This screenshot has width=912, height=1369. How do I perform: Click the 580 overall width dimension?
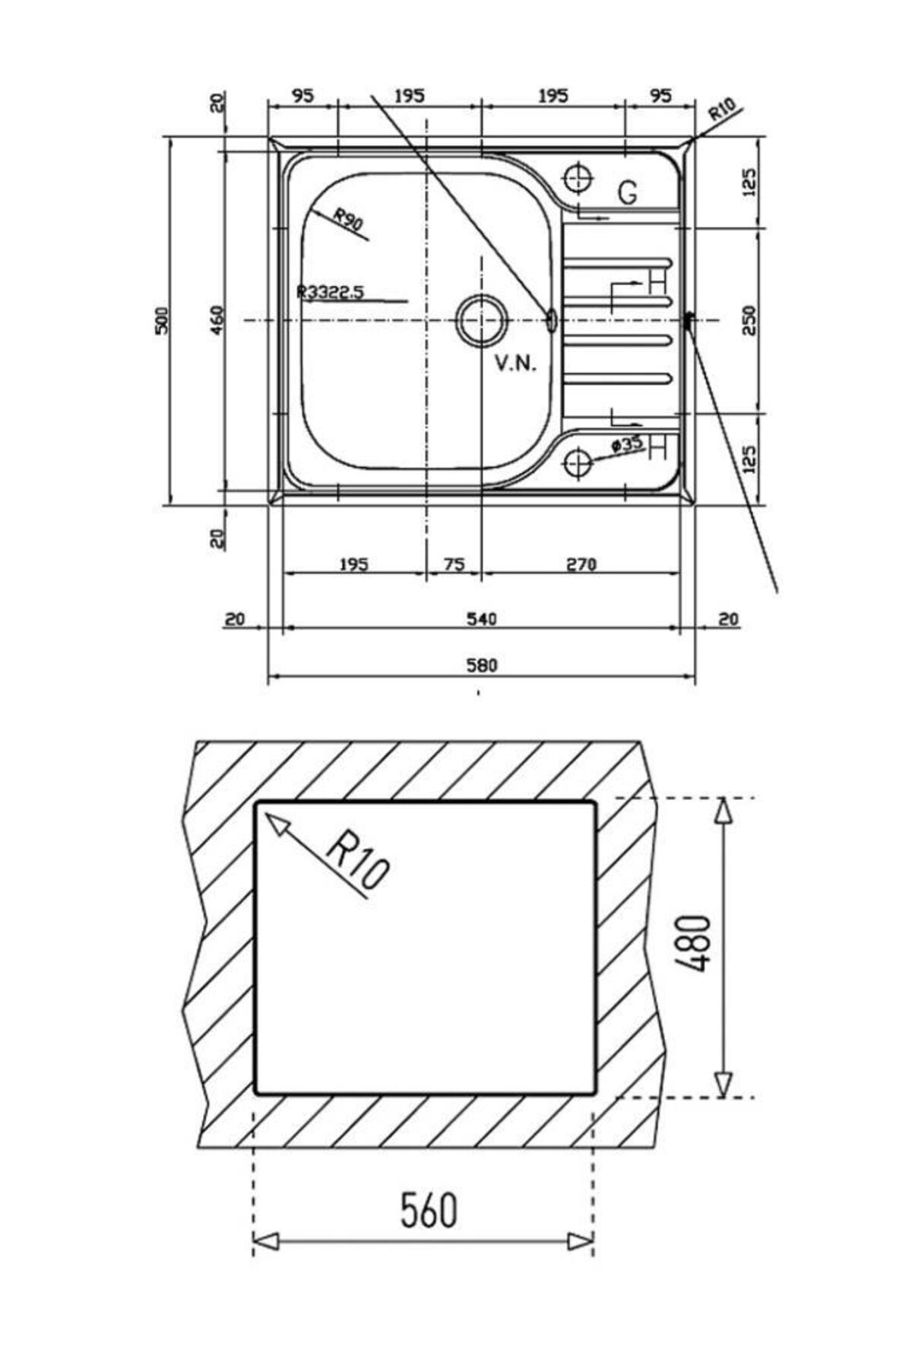coord(481,665)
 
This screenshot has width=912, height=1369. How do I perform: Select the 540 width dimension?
coord(481,619)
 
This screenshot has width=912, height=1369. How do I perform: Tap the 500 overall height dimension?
coord(161,321)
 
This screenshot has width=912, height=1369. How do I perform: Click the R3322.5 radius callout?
coord(331,291)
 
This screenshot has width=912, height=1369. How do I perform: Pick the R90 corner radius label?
coord(349,221)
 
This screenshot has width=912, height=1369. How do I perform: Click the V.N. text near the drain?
coord(516,364)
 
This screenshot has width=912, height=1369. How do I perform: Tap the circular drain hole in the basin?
coord(481,320)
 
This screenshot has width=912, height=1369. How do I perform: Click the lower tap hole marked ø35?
coord(578,462)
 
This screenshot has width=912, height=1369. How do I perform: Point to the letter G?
coord(628,193)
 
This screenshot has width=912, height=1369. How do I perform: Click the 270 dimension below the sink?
coord(581,564)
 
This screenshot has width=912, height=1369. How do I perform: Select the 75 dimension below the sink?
coord(454,564)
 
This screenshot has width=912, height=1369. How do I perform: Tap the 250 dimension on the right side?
coord(749,321)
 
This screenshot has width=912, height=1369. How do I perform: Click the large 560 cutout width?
coord(429,1210)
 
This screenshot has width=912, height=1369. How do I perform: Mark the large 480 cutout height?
coord(693,943)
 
